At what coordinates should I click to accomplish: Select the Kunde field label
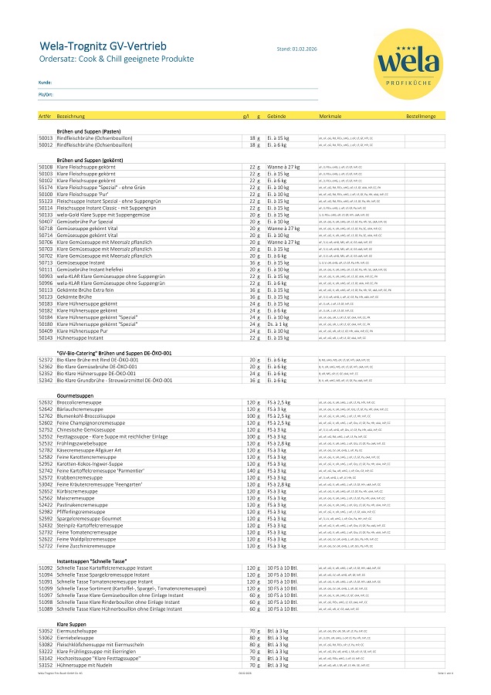tap(45, 81)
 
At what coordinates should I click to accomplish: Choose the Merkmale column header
tap(330, 116)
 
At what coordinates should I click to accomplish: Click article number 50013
tap(46, 137)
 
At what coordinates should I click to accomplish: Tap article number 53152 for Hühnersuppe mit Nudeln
tap(46, 664)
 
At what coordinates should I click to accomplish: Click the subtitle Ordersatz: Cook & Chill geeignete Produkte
tap(117, 59)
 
